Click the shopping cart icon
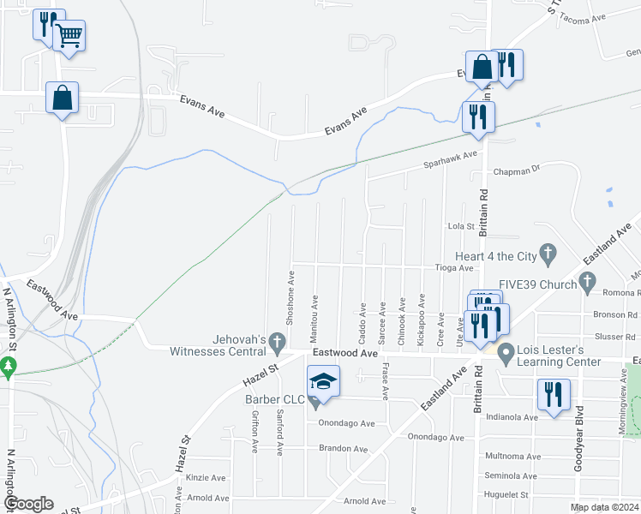click(x=69, y=36)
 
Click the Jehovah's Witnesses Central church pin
click(x=277, y=343)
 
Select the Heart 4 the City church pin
click(x=548, y=254)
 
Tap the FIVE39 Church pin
click(x=587, y=280)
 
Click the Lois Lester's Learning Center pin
click(x=506, y=352)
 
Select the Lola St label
click(x=461, y=226)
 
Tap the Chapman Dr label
click(x=524, y=170)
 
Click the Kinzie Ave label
click(x=207, y=478)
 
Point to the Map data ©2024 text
click(x=604, y=507)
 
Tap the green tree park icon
click(x=9, y=368)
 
